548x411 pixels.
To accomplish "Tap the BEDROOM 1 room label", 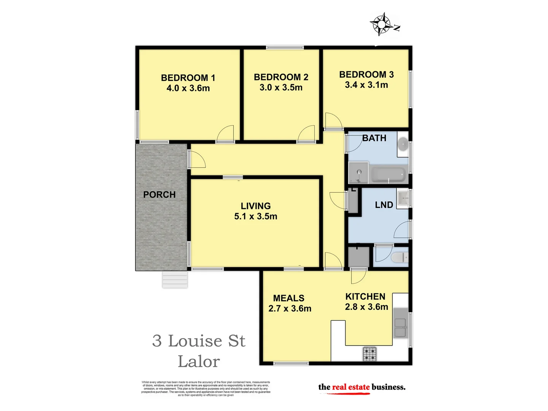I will click(x=188, y=78).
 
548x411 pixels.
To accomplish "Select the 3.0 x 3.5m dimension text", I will click(x=281, y=88).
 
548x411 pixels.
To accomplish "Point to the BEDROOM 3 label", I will click(x=366, y=75).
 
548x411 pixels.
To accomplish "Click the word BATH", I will click(x=374, y=138).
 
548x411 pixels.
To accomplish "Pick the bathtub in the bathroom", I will click(x=387, y=175).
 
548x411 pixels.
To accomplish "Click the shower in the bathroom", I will click(x=358, y=173).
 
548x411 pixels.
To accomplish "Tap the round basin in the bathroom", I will click(x=403, y=144).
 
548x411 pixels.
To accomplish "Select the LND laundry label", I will click(x=384, y=205).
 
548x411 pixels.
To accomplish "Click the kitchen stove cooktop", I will click(x=369, y=354).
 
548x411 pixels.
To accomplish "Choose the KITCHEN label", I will click(x=365, y=296).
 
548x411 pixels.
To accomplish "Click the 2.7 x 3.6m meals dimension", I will click(x=290, y=309).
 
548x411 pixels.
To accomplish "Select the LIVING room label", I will click(x=256, y=206).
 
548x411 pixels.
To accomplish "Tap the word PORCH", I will click(x=159, y=194).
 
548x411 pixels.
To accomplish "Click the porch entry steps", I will click(x=175, y=280).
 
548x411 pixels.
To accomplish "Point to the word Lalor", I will click(x=199, y=362).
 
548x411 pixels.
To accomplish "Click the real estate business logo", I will click(x=362, y=387).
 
